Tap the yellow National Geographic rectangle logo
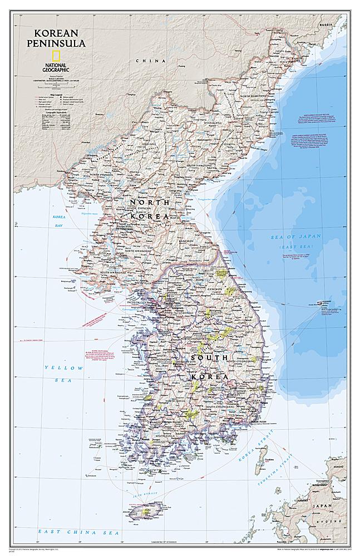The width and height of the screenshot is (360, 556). (55, 56)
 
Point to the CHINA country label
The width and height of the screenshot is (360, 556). (143, 60)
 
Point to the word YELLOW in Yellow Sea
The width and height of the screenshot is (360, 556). (64, 368)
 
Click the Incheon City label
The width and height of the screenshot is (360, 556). (139, 302)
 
